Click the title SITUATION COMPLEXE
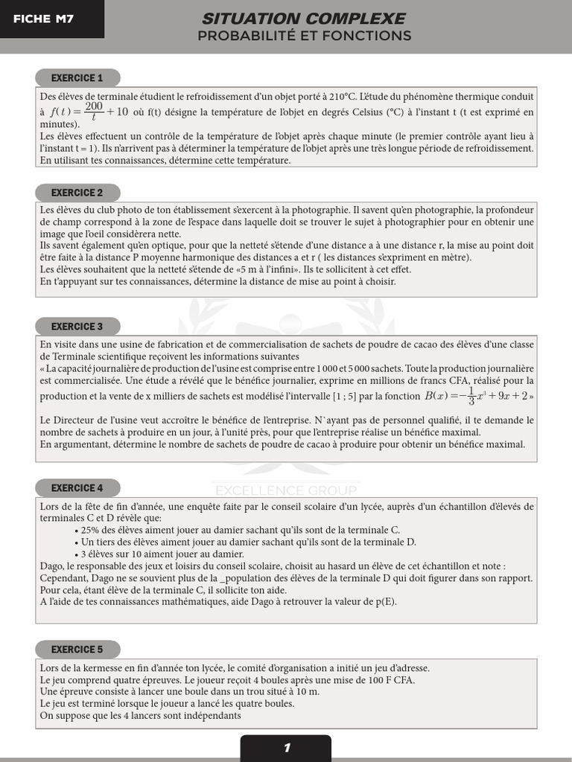tap(304, 19)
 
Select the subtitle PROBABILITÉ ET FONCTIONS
tap(304, 36)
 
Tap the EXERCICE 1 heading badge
tap(77, 78)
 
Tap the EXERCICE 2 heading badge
tap(77, 193)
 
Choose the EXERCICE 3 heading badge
tap(77, 327)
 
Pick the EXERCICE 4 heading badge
tap(77, 488)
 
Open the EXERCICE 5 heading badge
tap(77, 650)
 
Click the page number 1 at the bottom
tap(286, 748)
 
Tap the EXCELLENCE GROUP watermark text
tap(286, 490)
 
